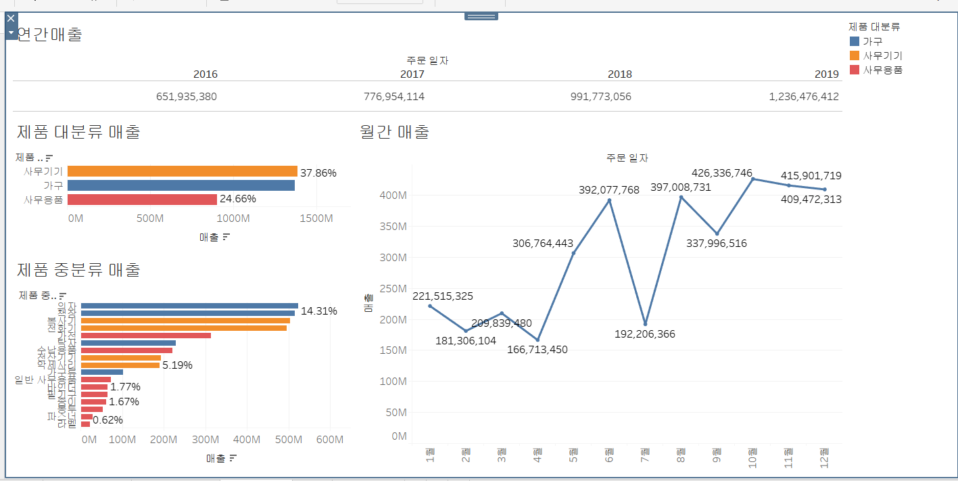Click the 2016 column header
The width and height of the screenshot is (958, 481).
206,74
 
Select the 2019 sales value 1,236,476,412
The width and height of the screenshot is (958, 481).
803,97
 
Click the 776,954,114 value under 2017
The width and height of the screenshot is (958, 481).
393,97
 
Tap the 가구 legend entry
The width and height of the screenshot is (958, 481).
872,41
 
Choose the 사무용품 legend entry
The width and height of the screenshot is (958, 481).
882,70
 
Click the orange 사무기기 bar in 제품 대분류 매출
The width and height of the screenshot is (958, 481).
182,172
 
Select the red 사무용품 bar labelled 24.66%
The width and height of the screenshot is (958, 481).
142,200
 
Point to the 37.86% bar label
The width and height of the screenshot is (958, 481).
318,173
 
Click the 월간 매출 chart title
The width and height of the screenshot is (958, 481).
395,132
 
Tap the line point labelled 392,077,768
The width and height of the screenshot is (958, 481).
609,200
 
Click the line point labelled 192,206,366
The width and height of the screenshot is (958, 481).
645,324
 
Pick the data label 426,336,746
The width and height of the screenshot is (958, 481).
721,173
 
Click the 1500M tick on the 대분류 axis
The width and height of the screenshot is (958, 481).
316,219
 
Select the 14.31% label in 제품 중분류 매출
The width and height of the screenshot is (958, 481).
319,311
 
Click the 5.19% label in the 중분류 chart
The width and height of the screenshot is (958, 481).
177,365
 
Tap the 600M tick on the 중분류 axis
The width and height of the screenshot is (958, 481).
329,440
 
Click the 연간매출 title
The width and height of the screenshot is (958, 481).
49,35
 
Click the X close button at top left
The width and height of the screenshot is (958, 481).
10,18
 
